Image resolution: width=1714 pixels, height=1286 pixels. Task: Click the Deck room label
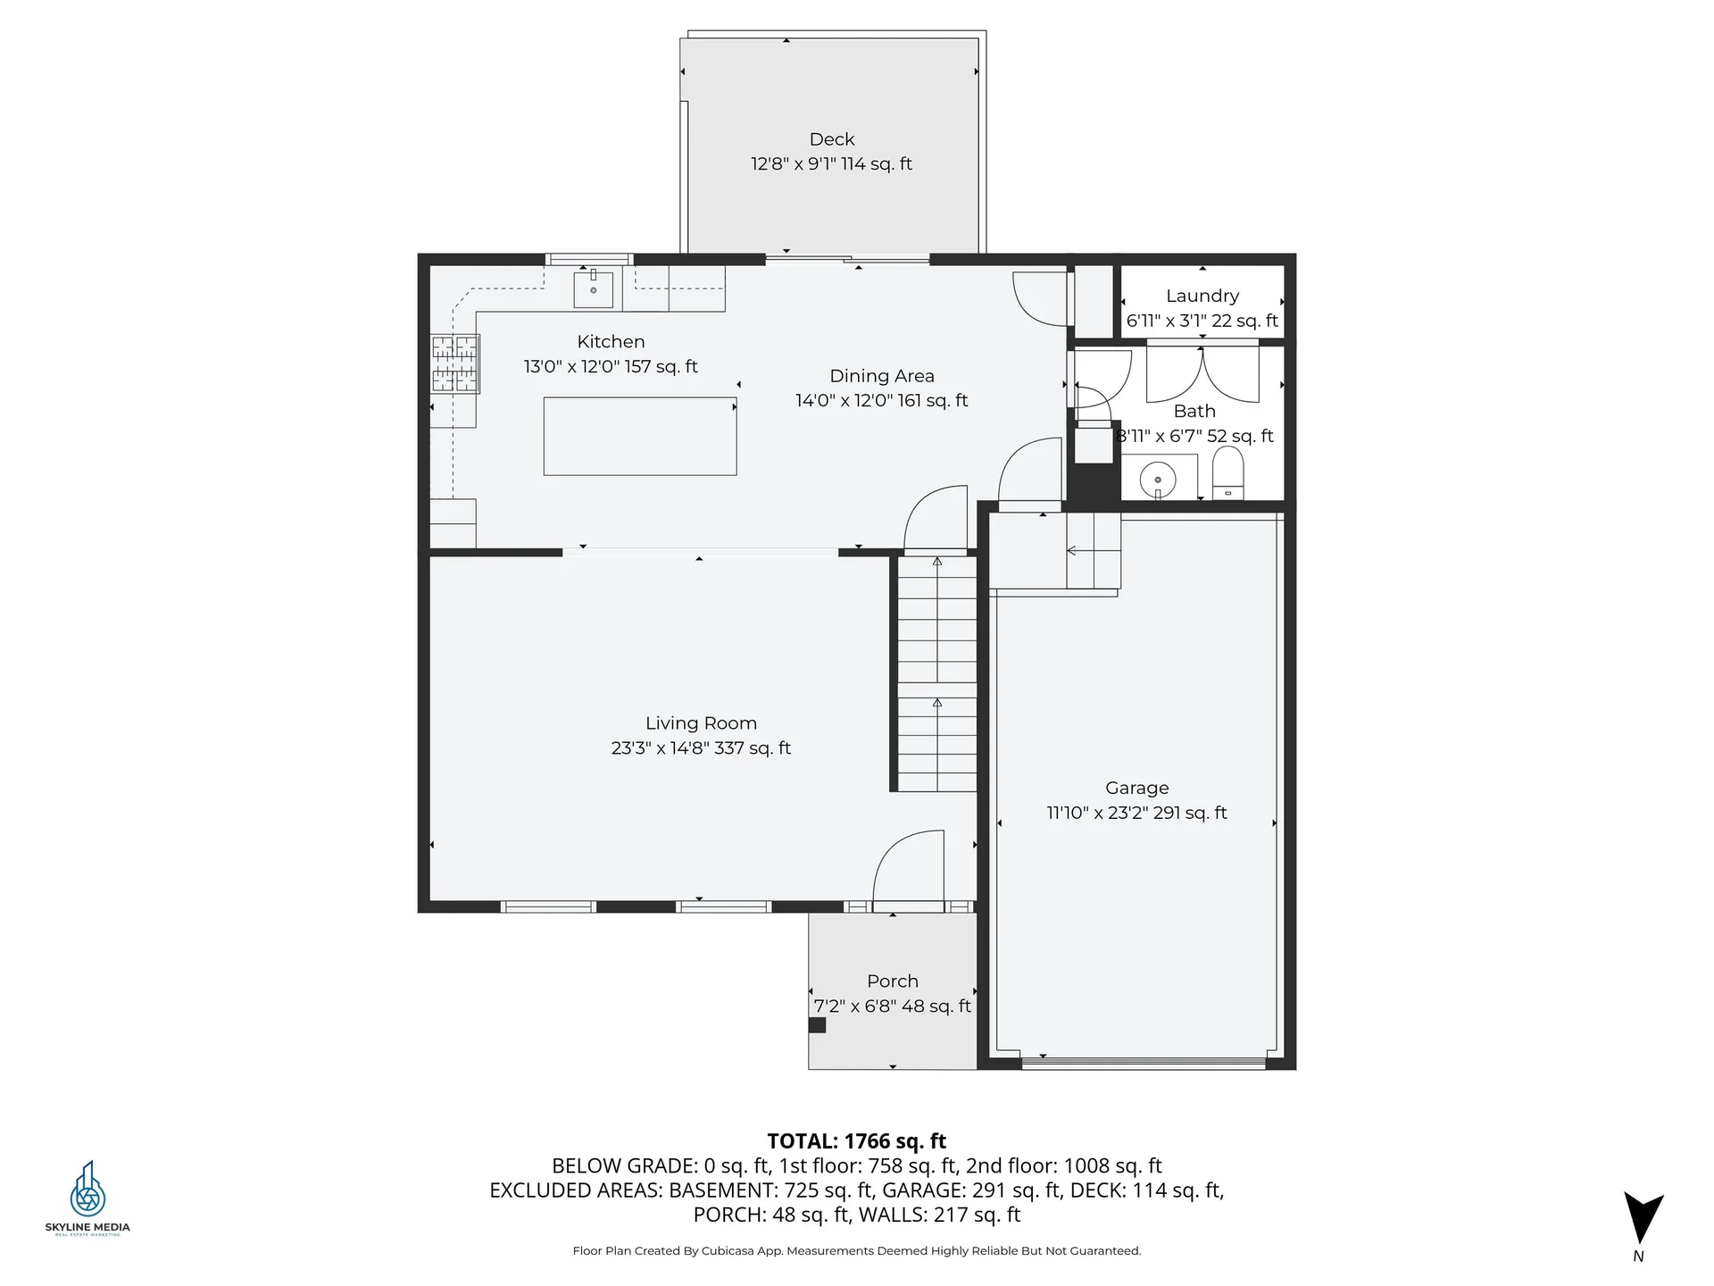tap(831, 139)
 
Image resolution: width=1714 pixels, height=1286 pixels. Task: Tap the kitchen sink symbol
tap(594, 288)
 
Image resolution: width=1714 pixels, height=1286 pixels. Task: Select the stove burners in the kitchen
tap(455, 363)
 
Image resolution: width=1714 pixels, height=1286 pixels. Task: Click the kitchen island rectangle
tap(639, 436)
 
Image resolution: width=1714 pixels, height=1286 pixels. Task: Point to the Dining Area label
tap(881, 376)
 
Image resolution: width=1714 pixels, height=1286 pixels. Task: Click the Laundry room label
tap(1202, 296)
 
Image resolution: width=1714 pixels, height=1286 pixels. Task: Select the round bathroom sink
tap(1158, 480)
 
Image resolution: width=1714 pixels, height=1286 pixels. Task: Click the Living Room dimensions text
tap(701, 748)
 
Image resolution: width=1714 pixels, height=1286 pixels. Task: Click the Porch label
tap(892, 981)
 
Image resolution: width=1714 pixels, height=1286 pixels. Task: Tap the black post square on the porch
tap(817, 1025)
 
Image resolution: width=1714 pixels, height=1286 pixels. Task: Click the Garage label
tap(1136, 788)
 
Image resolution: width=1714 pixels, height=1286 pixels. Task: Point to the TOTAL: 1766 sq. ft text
tap(856, 1140)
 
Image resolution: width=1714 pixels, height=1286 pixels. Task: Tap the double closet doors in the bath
tap(1202, 374)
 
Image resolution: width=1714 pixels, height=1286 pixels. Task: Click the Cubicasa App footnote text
tap(856, 1251)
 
